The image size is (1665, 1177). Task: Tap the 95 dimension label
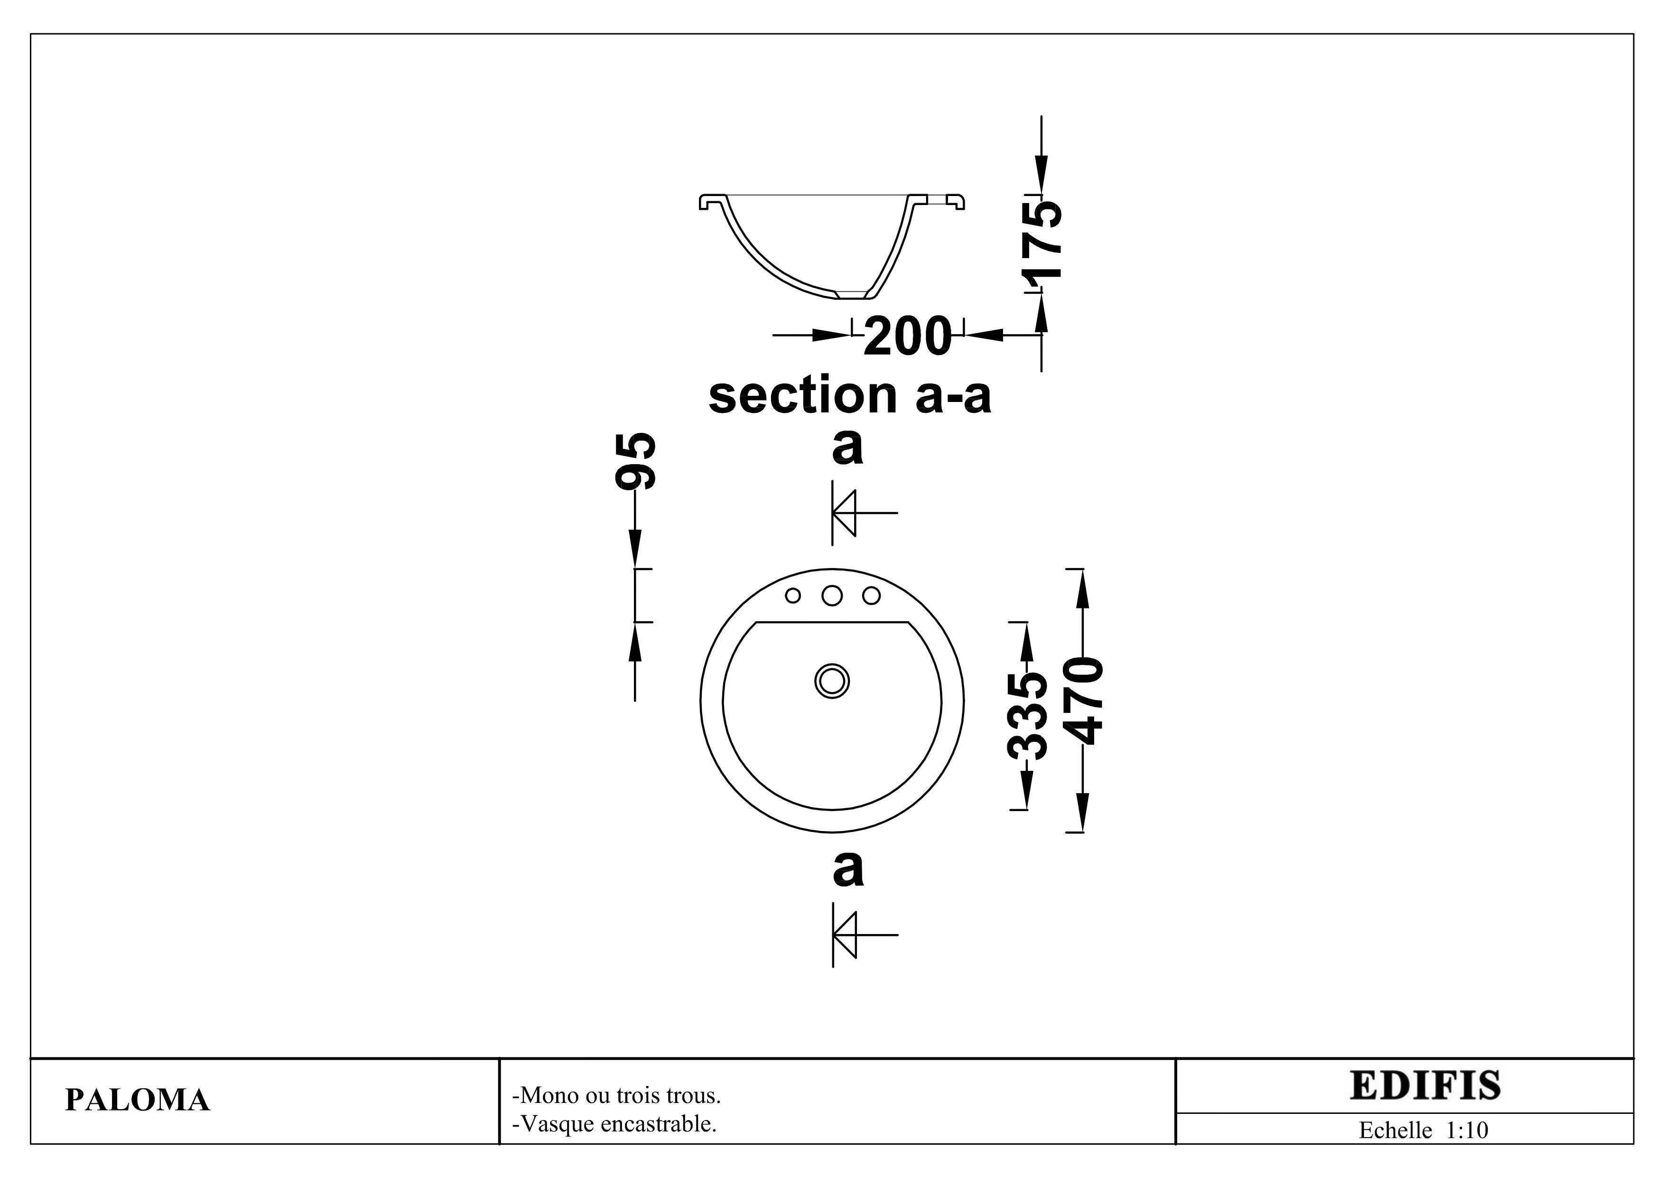point(635,461)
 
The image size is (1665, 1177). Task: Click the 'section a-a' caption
point(849,396)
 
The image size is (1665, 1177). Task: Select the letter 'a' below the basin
point(848,869)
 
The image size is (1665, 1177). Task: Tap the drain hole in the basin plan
point(832,681)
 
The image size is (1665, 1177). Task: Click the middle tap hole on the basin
point(832,596)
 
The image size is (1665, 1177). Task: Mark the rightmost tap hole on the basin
point(871,596)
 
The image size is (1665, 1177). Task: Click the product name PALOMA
point(137,1100)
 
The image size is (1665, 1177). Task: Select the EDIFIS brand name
point(1424,1085)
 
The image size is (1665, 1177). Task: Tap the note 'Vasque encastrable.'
point(614,1124)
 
